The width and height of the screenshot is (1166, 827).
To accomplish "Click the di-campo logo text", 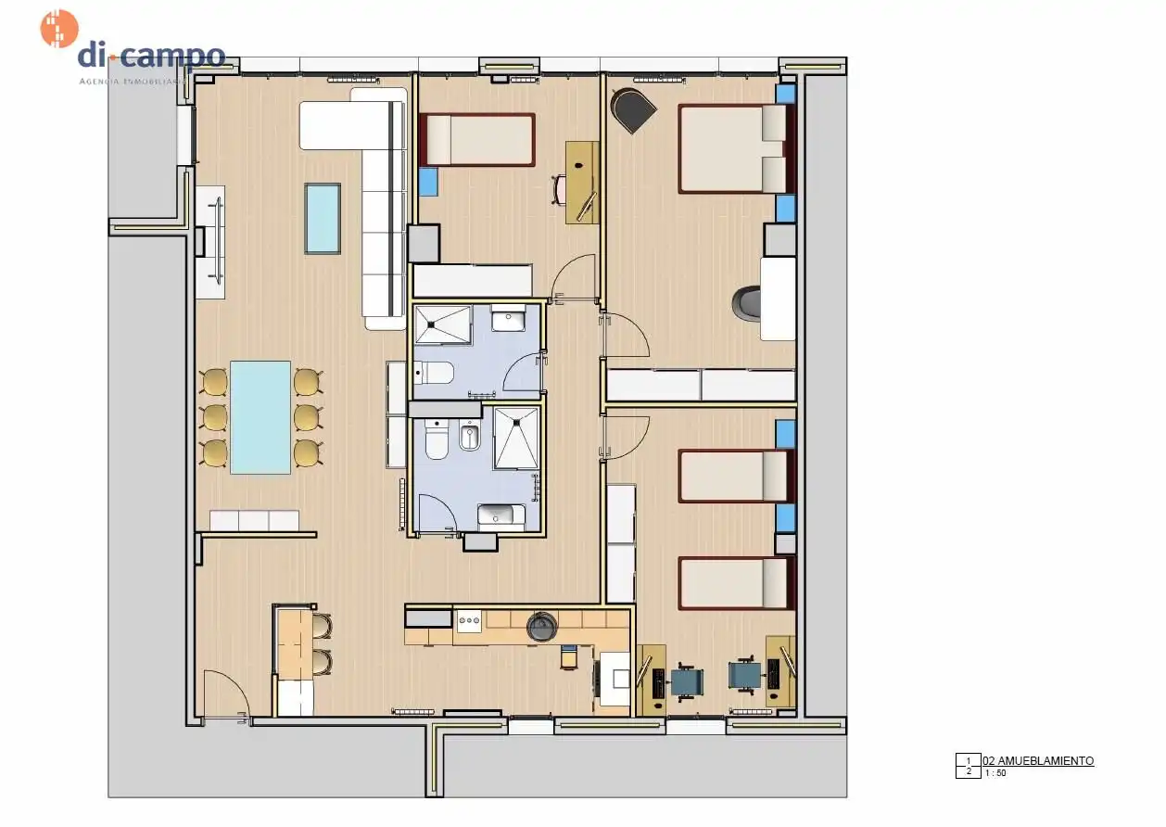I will point(151,56).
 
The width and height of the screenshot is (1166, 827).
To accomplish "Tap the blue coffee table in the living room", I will point(322,218).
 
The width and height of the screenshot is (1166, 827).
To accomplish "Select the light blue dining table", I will point(260,417).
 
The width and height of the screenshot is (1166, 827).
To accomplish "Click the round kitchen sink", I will point(542,628).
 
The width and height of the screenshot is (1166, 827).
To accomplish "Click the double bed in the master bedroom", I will point(732,148).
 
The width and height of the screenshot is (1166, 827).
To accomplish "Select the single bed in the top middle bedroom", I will point(477,140).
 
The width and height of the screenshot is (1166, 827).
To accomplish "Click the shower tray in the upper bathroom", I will point(442,324).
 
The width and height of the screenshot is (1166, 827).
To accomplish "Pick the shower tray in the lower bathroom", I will point(514,438).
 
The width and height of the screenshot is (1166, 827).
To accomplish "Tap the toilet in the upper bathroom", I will point(433,373).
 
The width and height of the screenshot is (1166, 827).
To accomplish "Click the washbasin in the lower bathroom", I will point(501,515).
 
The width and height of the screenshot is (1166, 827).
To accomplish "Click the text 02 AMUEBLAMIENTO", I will point(1038,760).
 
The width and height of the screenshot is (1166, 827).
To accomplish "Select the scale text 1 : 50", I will point(995,772).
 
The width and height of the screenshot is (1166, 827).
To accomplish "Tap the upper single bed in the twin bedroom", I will point(734,476).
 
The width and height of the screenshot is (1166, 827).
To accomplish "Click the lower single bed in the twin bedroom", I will point(734,583).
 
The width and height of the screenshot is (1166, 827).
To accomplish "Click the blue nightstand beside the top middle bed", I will point(427,181).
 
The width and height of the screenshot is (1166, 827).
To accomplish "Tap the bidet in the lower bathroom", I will point(469,439).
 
